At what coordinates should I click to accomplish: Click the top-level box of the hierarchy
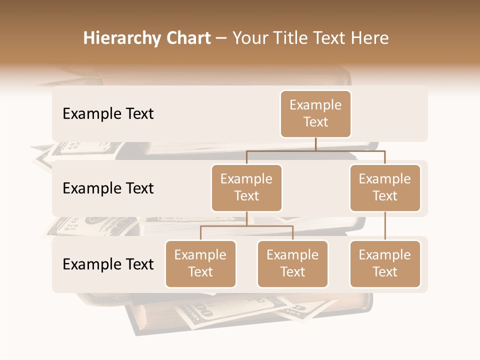click(x=315, y=113)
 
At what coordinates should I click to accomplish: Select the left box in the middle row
click(x=246, y=187)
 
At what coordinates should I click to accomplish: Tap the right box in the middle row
click(x=385, y=187)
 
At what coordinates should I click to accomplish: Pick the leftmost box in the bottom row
click(x=200, y=263)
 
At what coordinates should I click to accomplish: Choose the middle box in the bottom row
click(x=292, y=263)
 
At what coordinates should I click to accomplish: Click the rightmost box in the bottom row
click(x=385, y=263)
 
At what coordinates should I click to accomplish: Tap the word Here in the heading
click(x=370, y=38)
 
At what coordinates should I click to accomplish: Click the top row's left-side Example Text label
click(x=108, y=114)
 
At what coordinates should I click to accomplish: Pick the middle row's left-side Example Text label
click(x=108, y=188)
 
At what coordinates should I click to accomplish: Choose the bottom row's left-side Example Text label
click(x=108, y=264)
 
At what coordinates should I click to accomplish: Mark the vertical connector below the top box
click(x=315, y=144)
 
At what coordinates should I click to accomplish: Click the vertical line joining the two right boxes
click(x=385, y=226)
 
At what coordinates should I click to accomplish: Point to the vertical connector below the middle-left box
click(x=246, y=218)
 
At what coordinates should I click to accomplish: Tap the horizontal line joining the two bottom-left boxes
click(x=246, y=226)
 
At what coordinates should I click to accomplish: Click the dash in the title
click(x=221, y=38)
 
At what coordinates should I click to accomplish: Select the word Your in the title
click(x=248, y=38)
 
